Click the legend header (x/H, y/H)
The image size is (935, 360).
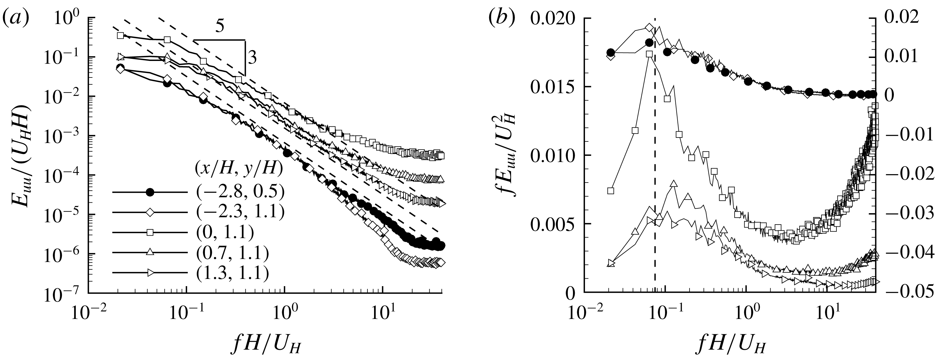click(238, 169)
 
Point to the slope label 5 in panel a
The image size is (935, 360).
click(219, 28)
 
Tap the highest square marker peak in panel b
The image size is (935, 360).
click(650, 54)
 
